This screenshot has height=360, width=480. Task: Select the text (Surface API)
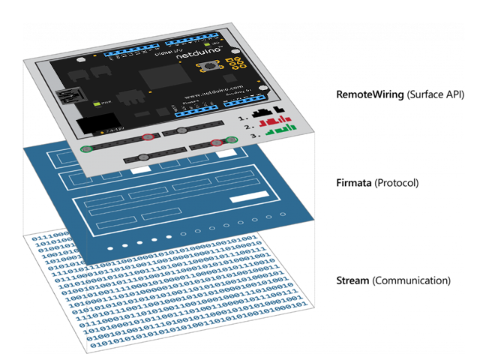[x=434, y=95]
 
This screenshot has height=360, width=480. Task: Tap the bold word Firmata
[x=358, y=183]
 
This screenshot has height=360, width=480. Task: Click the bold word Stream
[x=354, y=280]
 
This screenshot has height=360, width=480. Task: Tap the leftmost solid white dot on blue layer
[x=110, y=247]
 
